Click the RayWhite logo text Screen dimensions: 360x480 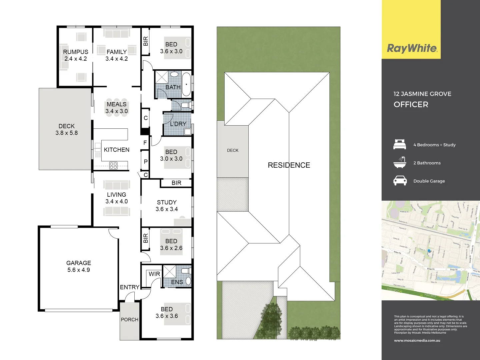tap(412, 48)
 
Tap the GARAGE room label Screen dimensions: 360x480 tap(79, 263)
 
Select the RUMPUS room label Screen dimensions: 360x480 tap(76, 52)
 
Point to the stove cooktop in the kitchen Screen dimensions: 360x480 tap(113, 165)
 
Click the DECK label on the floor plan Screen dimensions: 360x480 tap(67, 126)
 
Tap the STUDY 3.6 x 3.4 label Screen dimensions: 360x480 tap(167, 206)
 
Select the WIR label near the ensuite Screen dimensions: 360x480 tap(154, 274)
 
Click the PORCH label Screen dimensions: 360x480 tap(130, 319)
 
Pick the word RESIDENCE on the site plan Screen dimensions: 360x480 tap(289, 165)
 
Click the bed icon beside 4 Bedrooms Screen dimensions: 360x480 tap(400, 144)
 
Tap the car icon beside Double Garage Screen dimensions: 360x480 tap(400, 181)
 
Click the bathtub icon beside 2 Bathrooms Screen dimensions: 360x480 tap(400, 163)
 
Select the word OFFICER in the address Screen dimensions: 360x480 tap(411, 104)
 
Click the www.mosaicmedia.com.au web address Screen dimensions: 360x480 tap(417, 340)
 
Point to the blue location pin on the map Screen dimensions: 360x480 tap(429, 251)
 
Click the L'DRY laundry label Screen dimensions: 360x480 tap(178, 124)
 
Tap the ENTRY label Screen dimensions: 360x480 tap(130, 287)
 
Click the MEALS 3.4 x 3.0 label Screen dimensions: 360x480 tap(117, 108)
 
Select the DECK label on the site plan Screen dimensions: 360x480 tap(233, 150)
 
